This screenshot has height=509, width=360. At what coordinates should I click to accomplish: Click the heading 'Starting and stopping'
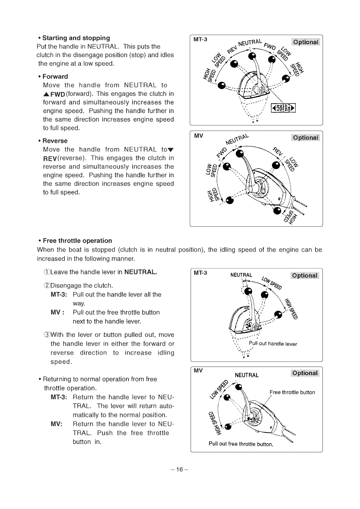[76, 38]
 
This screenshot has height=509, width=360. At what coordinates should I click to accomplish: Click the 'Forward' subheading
[55, 76]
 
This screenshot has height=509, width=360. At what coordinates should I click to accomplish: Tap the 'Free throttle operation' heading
[77, 241]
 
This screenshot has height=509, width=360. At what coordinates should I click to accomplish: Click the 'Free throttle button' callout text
[292, 392]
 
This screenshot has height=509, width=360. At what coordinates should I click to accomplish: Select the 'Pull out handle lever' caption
[273, 344]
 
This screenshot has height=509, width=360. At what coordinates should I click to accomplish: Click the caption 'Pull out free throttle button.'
[241, 444]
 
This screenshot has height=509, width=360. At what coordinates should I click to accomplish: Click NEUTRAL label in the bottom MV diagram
[247, 375]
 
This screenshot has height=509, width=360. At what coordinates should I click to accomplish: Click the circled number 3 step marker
[47, 335]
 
